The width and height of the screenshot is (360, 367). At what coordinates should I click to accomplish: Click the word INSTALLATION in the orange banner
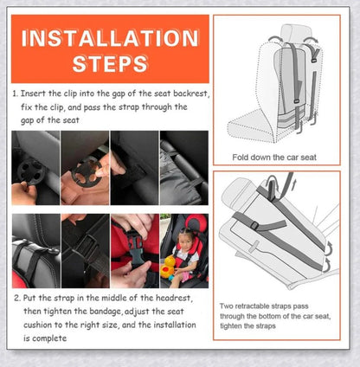[x=110, y=38]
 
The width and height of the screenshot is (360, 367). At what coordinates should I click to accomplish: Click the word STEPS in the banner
[x=110, y=63]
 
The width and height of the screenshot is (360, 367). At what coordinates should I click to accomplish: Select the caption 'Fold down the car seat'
[x=274, y=158]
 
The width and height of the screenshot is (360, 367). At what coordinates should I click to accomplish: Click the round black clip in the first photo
[x=31, y=171]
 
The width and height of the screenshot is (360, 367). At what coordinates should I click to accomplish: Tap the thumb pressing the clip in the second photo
[x=101, y=172]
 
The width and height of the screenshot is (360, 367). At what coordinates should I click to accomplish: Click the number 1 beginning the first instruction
[x=15, y=93]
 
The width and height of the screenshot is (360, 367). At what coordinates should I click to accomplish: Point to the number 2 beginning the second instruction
[x=16, y=298]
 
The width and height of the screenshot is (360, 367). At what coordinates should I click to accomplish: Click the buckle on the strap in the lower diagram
[x=254, y=225]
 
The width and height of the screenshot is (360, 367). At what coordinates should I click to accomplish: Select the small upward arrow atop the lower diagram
[x=293, y=185]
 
